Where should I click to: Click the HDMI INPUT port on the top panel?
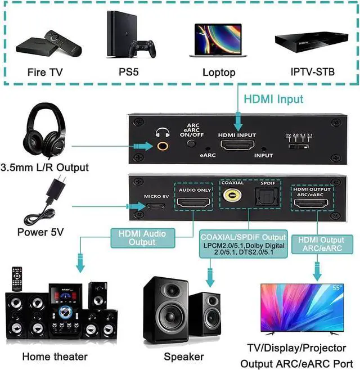point(237,147)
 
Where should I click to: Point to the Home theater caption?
point(55,357)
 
